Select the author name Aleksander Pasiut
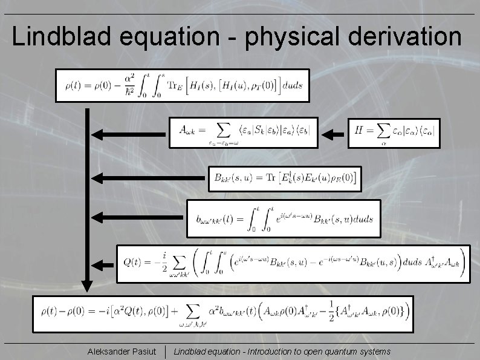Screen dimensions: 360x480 122,352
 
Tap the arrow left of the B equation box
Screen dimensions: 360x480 148,178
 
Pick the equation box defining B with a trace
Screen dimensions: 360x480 285,178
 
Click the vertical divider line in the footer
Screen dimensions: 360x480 166,352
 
